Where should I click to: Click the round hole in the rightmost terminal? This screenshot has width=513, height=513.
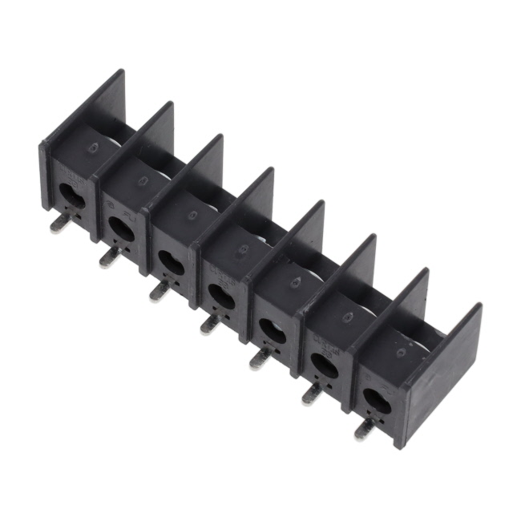374,400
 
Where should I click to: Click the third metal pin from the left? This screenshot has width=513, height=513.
160,290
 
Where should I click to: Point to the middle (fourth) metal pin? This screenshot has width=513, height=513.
210,323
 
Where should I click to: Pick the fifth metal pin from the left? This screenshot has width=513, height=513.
260,358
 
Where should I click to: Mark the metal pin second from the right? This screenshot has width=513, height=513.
311,393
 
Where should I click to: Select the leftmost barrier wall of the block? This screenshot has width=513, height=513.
80,120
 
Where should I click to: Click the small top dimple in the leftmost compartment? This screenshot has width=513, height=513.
94,148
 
